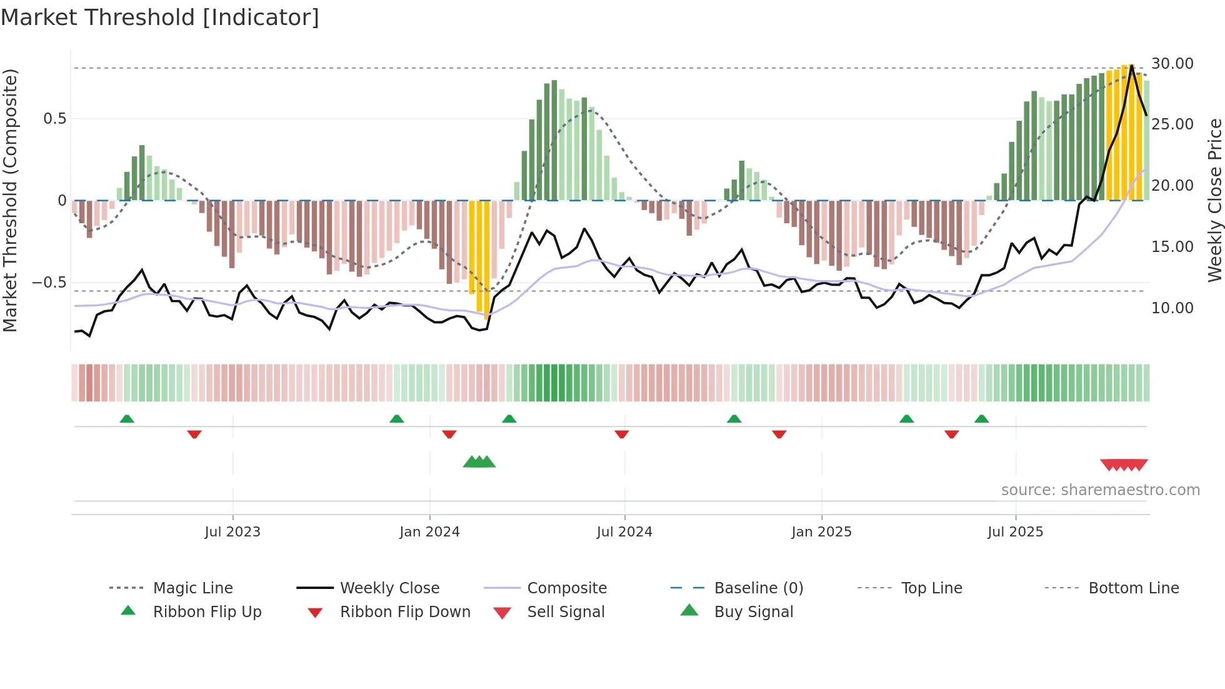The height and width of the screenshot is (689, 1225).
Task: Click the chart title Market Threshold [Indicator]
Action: pos(160,18)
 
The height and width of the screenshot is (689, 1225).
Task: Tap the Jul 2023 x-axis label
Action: pos(232,532)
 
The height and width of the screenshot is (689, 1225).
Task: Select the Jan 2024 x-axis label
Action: pos(429,532)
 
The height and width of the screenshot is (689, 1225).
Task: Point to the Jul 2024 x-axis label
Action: pos(624,532)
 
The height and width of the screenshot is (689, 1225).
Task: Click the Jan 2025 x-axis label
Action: pos(821,532)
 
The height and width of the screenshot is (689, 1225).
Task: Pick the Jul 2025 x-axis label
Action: pos(1016,532)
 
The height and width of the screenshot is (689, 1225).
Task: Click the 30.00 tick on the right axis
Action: pos(1172,64)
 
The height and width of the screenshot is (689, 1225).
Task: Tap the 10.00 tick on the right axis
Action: pos(1172,308)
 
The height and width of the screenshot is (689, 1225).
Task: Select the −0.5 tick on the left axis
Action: pos(49,283)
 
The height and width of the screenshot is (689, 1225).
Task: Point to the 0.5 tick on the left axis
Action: pos(54,119)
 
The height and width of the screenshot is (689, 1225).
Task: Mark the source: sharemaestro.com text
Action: pos(1100,490)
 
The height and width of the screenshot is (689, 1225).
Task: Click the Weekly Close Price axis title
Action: pos(1214,200)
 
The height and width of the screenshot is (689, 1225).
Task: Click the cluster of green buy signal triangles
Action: pos(479,463)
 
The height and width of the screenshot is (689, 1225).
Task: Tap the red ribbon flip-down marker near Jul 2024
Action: pos(621,434)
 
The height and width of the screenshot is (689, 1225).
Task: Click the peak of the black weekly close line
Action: pos(1132,65)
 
